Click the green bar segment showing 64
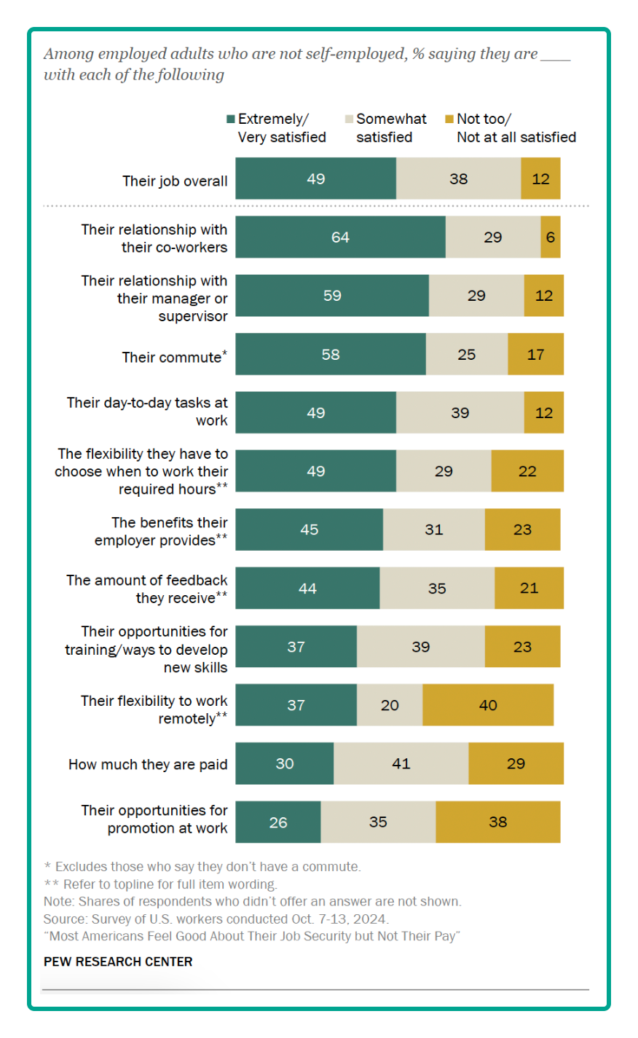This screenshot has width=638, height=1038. pos(340,237)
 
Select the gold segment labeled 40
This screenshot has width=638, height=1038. pos(488,705)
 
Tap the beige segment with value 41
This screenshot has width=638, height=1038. pos(401,763)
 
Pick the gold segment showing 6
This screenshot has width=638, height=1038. pos(551,237)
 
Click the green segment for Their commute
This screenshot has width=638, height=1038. pos(331,355)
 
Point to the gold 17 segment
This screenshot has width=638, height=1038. pos(535,355)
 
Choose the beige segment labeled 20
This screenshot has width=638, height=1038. pos(390,705)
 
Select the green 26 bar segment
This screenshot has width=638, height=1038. pos(278,822)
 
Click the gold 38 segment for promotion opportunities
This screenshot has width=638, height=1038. pos(498,822)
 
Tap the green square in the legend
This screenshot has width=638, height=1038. pos(231,119)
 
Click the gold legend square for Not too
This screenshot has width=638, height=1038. pos(449,119)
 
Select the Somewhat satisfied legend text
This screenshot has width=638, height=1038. pos(391,128)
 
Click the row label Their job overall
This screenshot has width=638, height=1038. pos(175,181)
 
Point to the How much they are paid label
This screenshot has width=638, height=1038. pos(148,764)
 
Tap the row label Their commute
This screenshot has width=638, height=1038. pos(173,357)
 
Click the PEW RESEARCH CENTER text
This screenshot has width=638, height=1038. pos(118,962)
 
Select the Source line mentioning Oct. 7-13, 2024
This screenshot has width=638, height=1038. pos(216,919)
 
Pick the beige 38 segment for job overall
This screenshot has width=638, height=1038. pos(458,179)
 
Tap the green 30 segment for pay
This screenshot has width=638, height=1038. pos(285,763)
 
